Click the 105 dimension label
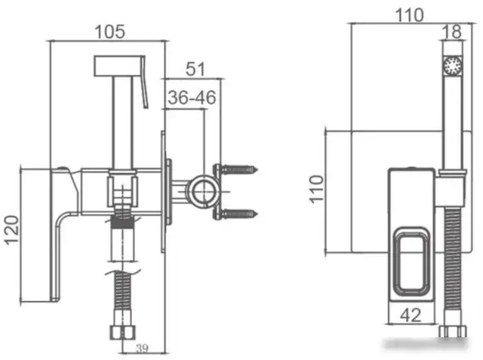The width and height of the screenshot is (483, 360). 108,31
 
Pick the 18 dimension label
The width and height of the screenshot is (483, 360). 452,32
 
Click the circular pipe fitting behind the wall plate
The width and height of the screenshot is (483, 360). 203,191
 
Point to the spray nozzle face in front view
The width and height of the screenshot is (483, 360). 452,67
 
